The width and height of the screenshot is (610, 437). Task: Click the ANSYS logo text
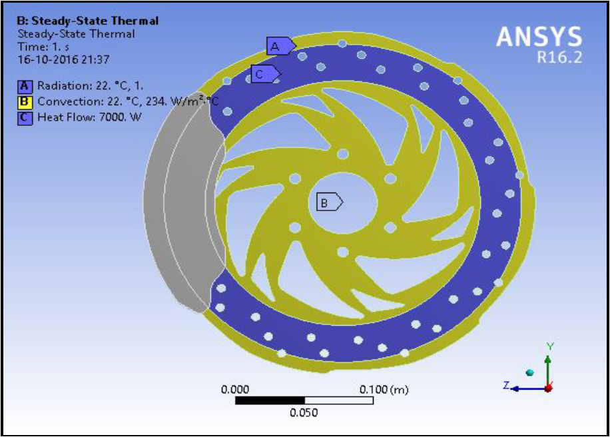(x=539, y=37)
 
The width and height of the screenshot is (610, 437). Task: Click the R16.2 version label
(x=559, y=58)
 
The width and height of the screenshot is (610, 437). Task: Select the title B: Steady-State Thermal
(x=87, y=21)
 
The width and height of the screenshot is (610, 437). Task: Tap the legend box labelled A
(x=25, y=86)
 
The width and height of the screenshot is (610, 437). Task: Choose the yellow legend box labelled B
(x=25, y=102)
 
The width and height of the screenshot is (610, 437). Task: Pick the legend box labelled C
(x=25, y=117)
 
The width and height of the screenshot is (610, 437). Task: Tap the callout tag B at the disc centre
(x=328, y=202)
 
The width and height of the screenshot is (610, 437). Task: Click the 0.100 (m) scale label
(x=384, y=390)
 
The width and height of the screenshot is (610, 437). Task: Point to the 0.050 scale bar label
(x=304, y=413)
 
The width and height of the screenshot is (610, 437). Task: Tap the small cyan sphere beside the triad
(x=529, y=372)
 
